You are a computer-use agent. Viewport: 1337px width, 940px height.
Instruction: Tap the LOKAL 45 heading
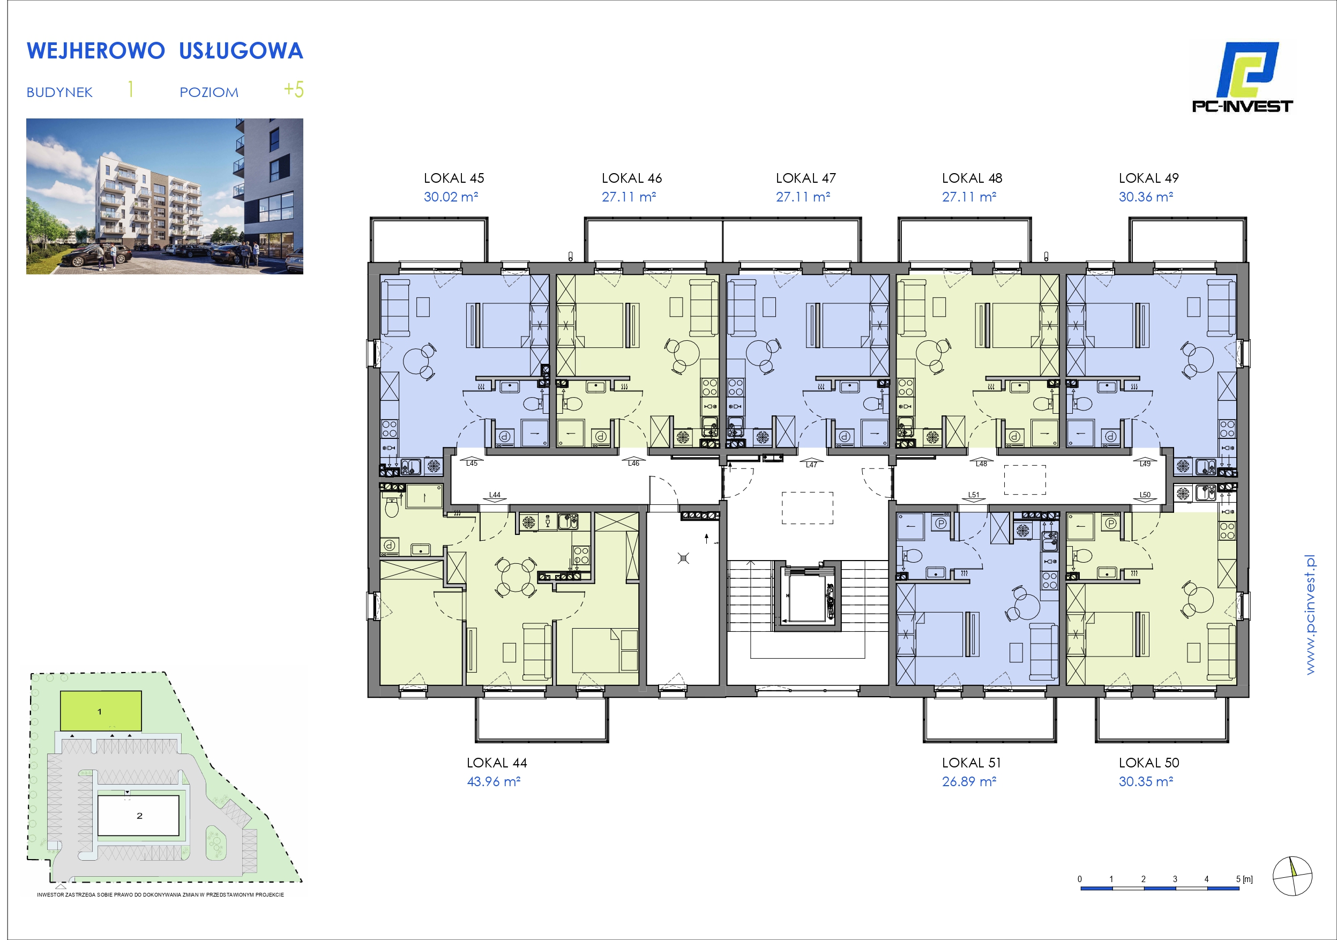click(x=454, y=178)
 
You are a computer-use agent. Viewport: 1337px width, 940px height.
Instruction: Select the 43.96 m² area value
click(x=494, y=781)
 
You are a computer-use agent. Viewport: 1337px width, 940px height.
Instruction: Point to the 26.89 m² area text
click(x=969, y=781)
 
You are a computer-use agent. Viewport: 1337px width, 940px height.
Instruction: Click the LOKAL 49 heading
click(x=1148, y=178)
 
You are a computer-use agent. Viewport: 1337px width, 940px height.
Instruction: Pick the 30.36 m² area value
click(x=1145, y=197)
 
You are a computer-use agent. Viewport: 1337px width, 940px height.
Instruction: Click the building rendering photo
click(x=165, y=196)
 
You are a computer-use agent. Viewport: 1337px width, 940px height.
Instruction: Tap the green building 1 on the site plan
click(x=101, y=711)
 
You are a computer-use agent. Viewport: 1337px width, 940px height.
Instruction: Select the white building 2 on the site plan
click(x=138, y=815)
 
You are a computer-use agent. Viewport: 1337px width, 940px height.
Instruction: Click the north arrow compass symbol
click(x=1292, y=876)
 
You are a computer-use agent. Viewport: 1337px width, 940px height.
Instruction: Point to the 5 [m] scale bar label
click(x=1244, y=879)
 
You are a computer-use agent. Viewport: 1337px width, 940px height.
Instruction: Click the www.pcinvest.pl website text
click(x=1310, y=615)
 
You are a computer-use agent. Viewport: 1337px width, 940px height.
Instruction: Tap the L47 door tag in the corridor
click(x=811, y=465)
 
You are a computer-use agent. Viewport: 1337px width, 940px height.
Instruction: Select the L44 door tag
click(x=495, y=495)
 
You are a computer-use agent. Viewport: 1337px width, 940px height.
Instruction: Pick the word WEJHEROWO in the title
click(x=96, y=51)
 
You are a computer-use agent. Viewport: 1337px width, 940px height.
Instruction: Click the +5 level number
click(x=294, y=89)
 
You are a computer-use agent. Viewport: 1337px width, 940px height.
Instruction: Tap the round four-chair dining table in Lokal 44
click(x=516, y=577)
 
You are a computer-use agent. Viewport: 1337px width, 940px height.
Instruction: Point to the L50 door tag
click(x=1145, y=495)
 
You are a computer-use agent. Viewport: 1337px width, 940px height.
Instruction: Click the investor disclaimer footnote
click(x=161, y=894)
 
